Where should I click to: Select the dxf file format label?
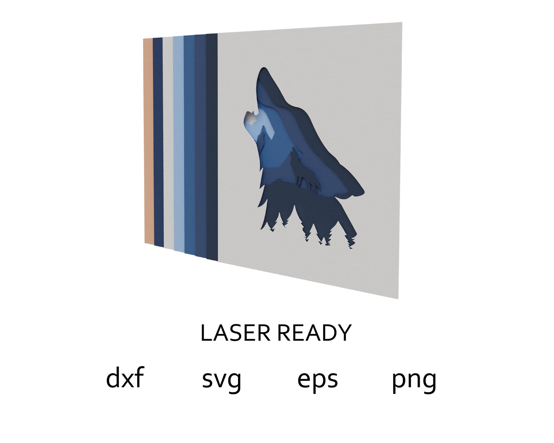point(125,379)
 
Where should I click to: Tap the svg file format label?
point(222,380)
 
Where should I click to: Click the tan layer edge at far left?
point(148,140)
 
